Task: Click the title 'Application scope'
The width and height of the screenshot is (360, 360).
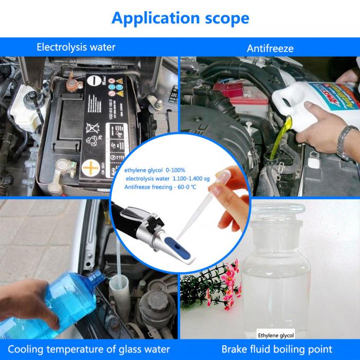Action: [180, 17]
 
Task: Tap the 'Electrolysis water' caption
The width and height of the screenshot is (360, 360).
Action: [76, 47]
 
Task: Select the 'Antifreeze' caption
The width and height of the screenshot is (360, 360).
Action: [270, 48]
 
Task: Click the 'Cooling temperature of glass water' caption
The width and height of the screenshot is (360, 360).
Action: [89, 349]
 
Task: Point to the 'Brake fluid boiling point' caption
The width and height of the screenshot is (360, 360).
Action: [277, 349]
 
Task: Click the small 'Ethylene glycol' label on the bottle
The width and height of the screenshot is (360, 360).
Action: [275, 335]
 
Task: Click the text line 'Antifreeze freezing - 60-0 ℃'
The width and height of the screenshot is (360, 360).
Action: [160, 187]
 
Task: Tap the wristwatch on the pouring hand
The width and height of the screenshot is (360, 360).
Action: [346, 143]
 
